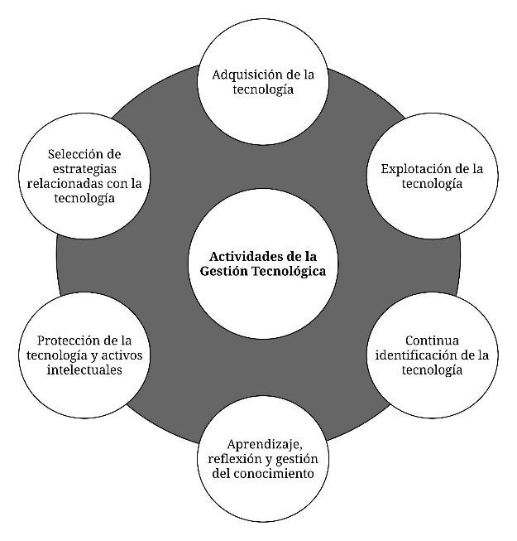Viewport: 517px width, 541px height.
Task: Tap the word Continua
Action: (x=431, y=341)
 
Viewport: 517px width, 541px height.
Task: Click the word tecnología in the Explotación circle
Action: (x=431, y=184)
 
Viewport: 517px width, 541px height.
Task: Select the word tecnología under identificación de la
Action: (x=431, y=370)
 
